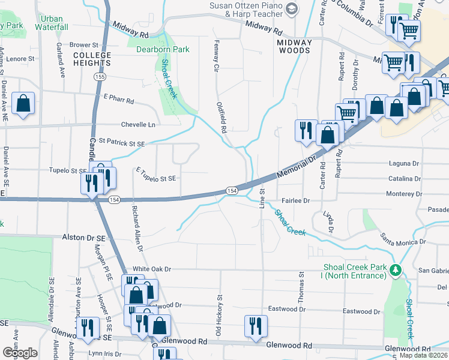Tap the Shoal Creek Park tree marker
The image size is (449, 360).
(x=395, y=269)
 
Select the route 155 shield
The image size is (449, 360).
(x=100, y=77)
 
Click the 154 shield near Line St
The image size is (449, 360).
(x=231, y=190)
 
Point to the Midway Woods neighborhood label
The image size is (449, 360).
(x=294, y=46)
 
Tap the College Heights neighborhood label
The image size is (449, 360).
(x=92, y=59)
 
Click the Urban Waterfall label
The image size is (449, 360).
(x=52, y=23)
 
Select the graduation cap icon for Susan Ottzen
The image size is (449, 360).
(x=292, y=8)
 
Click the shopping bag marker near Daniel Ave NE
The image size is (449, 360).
(x=23, y=104)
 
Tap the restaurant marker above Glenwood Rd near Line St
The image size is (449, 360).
(x=256, y=326)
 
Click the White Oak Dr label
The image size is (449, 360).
(x=152, y=269)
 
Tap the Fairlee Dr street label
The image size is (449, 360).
(x=297, y=201)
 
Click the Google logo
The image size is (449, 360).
(x=20, y=352)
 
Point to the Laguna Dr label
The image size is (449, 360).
(x=403, y=163)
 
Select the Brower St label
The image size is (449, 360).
(x=83, y=45)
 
